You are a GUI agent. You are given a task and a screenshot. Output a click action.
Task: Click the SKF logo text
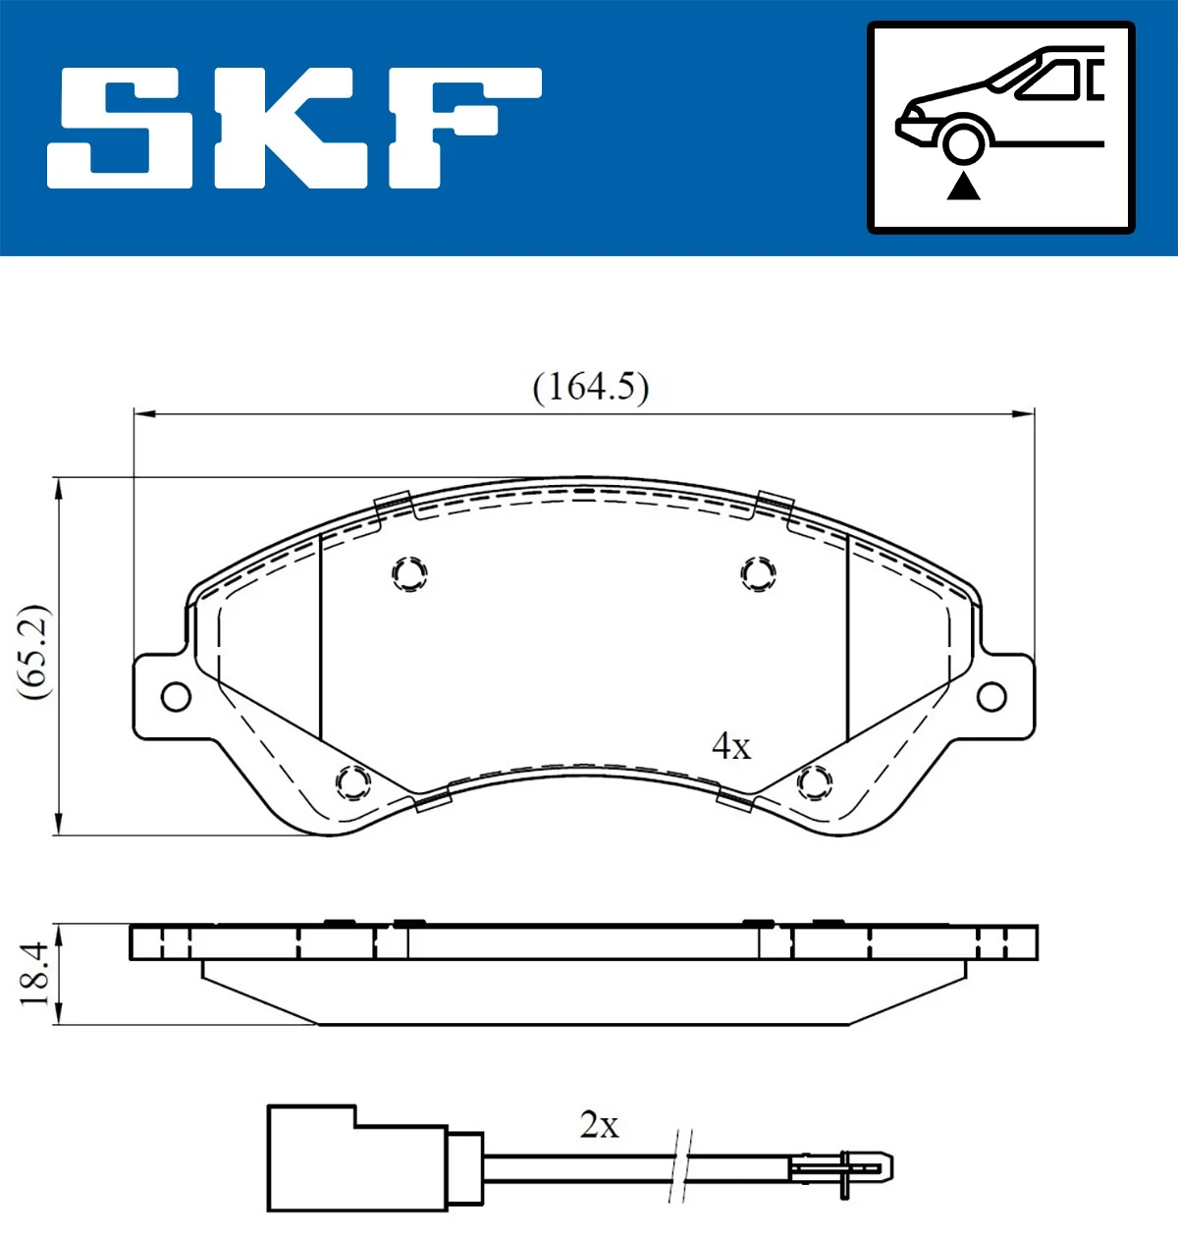click(x=294, y=128)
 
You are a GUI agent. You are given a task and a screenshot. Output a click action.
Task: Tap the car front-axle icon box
click(x=1000, y=128)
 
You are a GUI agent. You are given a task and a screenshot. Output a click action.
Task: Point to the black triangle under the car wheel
click(x=963, y=186)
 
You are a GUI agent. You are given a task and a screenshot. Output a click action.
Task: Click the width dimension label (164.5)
click(x=590, y=387)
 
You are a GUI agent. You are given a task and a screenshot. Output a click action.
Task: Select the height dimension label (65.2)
click(x=33, y=652)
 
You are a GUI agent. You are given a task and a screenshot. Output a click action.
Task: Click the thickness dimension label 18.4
click(x=33, y=974)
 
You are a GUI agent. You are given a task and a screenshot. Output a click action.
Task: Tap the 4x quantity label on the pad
click(x=731, y=746)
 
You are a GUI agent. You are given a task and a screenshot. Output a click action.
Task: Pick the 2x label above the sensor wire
click(x=599, y=1125)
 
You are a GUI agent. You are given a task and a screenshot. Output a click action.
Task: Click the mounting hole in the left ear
click(x=176, y=697)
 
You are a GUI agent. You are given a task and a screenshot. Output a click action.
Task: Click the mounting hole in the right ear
click(x=992, y=697)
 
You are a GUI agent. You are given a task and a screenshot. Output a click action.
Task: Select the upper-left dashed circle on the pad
click(x=409, y=573)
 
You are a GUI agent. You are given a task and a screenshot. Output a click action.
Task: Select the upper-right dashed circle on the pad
click(x=758, y=573)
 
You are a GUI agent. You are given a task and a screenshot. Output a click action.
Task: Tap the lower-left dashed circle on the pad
click(x=352, y=782)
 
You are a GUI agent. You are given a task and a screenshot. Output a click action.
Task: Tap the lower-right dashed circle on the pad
click(x=814, y=782)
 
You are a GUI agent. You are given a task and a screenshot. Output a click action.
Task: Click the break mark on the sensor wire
click(x=680, y=1165)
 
